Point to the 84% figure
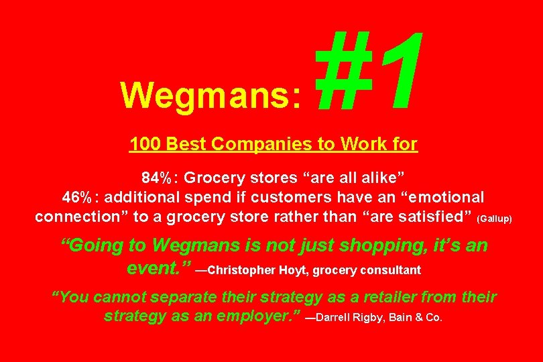(x=158, y=178)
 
